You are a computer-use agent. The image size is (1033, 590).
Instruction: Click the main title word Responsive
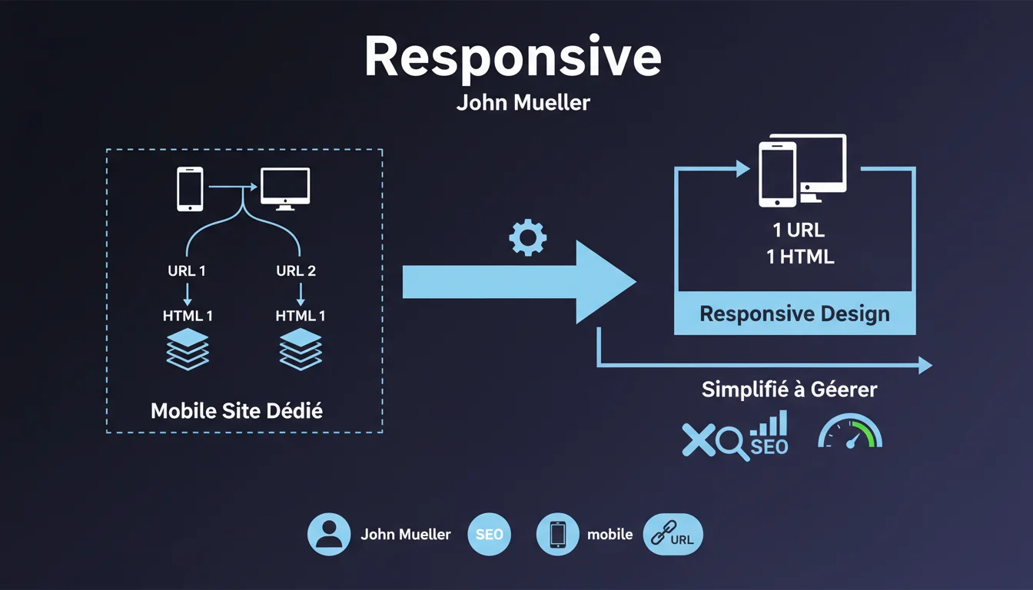pyautogui.click(x=513, y=58)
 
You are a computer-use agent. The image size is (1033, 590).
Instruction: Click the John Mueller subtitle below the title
pyautogui.click(x=523, y=102)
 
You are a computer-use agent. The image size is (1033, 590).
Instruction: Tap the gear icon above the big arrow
pyautogui.click(x=528, y=238)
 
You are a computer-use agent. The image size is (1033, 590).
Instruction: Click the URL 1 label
pyautogui.click(x=187, y=270)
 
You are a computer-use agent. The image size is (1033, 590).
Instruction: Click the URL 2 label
pyautogui.click(x=296, y=270)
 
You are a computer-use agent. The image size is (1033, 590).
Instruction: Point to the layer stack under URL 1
pyautogui.click(x=188, y=350)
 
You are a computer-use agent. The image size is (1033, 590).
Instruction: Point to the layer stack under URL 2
pyautogui.click(x=301, y=350)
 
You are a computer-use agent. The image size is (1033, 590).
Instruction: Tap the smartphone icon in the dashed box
pyautogui.click(x=190, y=189)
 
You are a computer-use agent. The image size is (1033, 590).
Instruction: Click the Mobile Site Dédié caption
pyautogui.click(x=237, y=410)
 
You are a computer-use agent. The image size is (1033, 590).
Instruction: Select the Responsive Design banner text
pyautogui.click(x=795, y=313)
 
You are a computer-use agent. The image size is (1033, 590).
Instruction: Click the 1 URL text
pyautogui.click(x=799, y=230)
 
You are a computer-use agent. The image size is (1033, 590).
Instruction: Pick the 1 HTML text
pyautogui.click(x=800, y=257)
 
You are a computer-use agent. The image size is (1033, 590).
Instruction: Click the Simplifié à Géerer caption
pyautogui.click(x=789, y=389)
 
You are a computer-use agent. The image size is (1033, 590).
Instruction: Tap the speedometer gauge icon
pyautogui.click(x=850, y=433)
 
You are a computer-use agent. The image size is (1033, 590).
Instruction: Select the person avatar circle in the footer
pyautogui.click(x=329, y=534)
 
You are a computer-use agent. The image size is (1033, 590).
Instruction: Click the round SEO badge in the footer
pyautogui.click(x=489, y=534)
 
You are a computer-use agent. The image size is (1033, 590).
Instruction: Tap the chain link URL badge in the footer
pyautogui.click(x=672, y=534)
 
